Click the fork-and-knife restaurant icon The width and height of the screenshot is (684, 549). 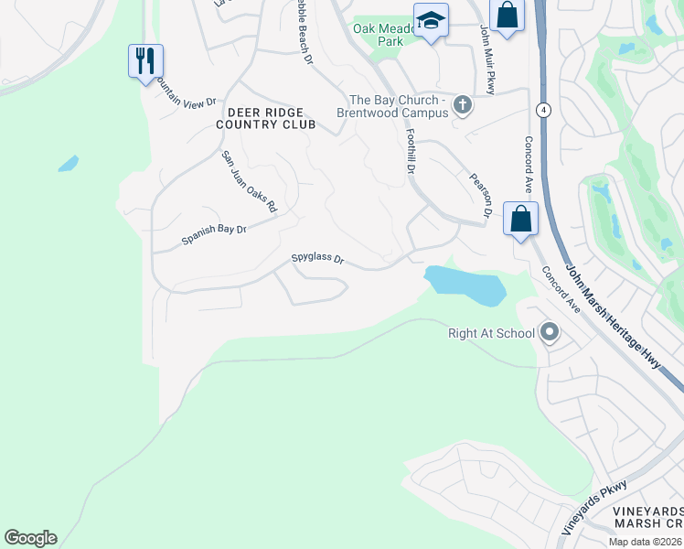click(145, 61)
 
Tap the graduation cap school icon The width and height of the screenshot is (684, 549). click(431, 19)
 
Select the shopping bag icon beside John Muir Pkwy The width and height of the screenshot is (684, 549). click(506, 16)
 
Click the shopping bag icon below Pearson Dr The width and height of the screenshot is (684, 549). click(520, 220)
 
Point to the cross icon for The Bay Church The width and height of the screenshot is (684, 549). click(463, 105)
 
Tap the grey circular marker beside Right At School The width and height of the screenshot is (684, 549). click(550, 333)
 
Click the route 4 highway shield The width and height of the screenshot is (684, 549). click(543, 110)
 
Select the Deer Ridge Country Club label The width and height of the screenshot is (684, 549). click(266, 117)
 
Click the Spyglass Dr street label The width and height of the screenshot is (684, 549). click(317, 260)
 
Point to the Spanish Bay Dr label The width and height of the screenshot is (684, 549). click(214, 234)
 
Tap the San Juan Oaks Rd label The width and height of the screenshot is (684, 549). click(249, 182)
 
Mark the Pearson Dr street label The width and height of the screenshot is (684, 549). click(481, 194)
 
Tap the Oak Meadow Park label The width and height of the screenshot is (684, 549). click(384, 35)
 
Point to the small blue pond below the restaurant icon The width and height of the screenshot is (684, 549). click(68, 164)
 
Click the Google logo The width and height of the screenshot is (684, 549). click(30, 538)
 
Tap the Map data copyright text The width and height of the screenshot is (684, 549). click(646, 542)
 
